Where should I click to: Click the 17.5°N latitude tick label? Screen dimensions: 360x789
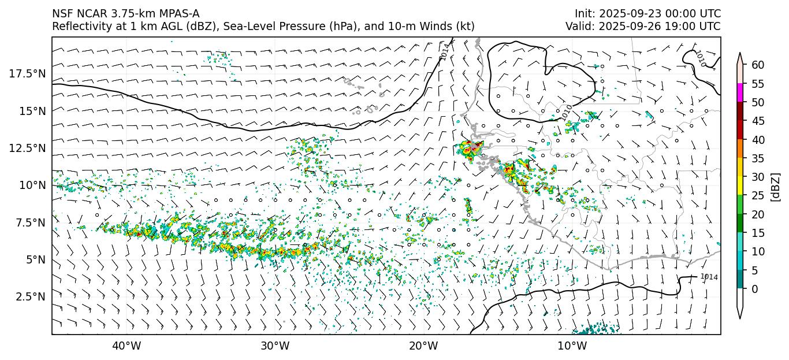pos(27,73)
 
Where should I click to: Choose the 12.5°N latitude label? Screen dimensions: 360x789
pos(27,148)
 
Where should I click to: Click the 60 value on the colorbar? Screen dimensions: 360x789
pos(758,65)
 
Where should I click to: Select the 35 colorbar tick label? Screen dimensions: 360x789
pos(758,158)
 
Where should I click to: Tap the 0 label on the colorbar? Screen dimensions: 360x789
pos(755,289)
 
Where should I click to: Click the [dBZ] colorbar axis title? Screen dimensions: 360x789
pos(776,187)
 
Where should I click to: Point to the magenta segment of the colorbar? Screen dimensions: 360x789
pos(740,93)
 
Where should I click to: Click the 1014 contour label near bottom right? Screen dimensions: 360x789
pos(709,277)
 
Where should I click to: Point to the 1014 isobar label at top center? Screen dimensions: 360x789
pos(444,51)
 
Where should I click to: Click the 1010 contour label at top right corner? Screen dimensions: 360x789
pos(700,58)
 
